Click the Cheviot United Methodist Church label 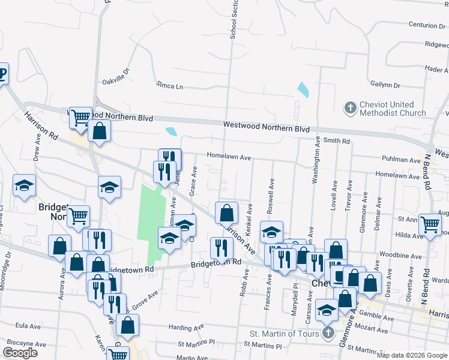point(393,109)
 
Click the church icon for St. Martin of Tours point(328,333)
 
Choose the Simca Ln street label point(169,86)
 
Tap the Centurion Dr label point(415,25)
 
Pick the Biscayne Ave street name point(26,344)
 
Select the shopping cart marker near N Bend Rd point(430,224)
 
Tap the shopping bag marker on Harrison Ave point(226,212)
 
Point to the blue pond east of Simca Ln point(303,91)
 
